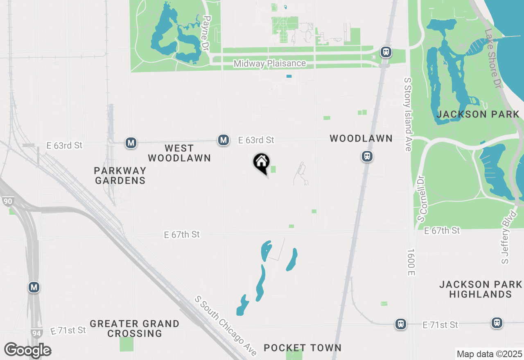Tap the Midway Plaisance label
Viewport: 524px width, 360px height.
pyautogui.click(x=270, y=63)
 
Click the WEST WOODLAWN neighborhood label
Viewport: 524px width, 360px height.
pyautogui.click(x=179, y=153)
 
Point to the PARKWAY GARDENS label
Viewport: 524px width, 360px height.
pyautogui.click(x=120, y=175)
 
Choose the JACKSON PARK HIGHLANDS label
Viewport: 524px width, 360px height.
pyautogui.click(x=481, y=289)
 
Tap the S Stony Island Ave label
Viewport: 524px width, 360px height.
pyautogui.click(x=407, y=114)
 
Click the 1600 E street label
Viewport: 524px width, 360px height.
pyautogui.click(x=411, y=261)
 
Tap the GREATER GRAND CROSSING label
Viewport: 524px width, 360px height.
pyautogui.click(x=135, y=328)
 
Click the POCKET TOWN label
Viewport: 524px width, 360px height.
pyautogui.click(x=303, y=348)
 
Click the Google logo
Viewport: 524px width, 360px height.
pyautogui.click(x=27, y=351)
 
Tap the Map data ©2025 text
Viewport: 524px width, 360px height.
pyautogui.click(x=489, y=354)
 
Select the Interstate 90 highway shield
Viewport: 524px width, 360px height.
pyautogui.click(x=8, y=201)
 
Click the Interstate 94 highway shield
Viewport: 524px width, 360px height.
pyautogui.click(x=36, y=333)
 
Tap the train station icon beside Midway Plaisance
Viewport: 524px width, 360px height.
pyautogui.click(x=386, y=52)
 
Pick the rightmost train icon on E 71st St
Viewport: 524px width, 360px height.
pyautogui.click(x=497, y=322)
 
